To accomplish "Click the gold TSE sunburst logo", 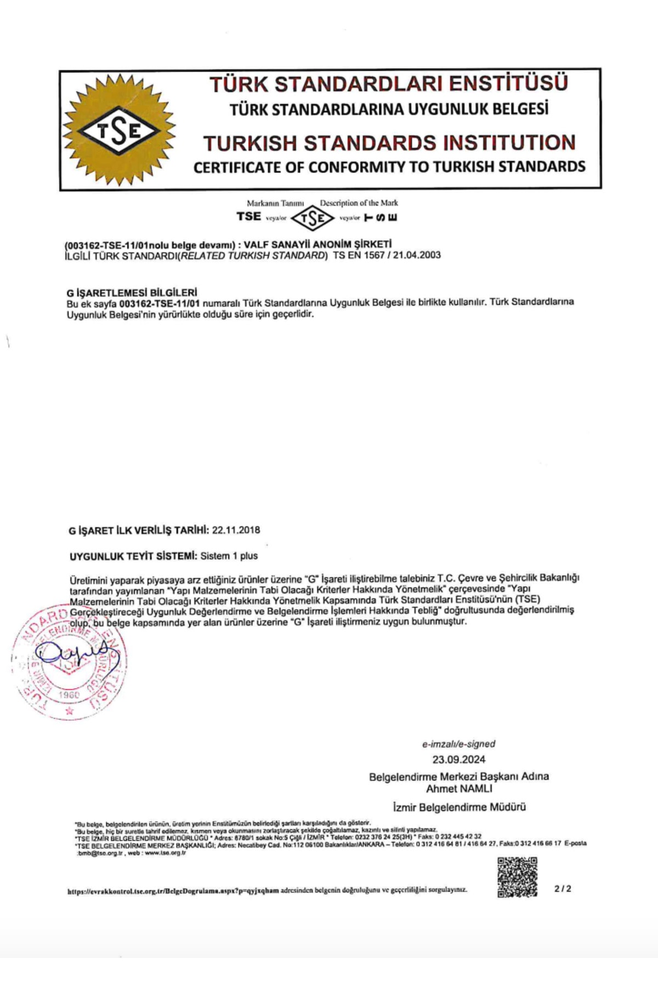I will point(119,131).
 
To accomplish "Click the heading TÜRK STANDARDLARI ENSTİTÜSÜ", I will point(388,84).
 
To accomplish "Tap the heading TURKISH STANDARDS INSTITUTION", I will point(389,143).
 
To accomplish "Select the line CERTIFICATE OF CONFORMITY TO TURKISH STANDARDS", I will point(389,167).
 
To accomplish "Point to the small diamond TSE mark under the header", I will point(312,218).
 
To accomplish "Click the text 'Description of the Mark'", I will point(359,203).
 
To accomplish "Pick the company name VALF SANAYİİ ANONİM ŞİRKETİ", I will point(317,244).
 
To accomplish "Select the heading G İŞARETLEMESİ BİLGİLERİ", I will point(132,292).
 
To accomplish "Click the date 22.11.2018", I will point(236,530).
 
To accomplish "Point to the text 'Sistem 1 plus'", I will point(229,556).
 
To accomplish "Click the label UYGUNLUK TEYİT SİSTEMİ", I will point(133,556).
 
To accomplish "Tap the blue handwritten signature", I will point(77,653).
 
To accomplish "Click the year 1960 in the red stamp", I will point(69,695).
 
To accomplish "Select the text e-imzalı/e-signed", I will point(458,744).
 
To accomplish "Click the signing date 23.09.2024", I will point(459,759).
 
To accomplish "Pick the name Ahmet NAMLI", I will point(459,789).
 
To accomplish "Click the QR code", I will point(517,877).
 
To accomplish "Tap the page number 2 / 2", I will point(563,888).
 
